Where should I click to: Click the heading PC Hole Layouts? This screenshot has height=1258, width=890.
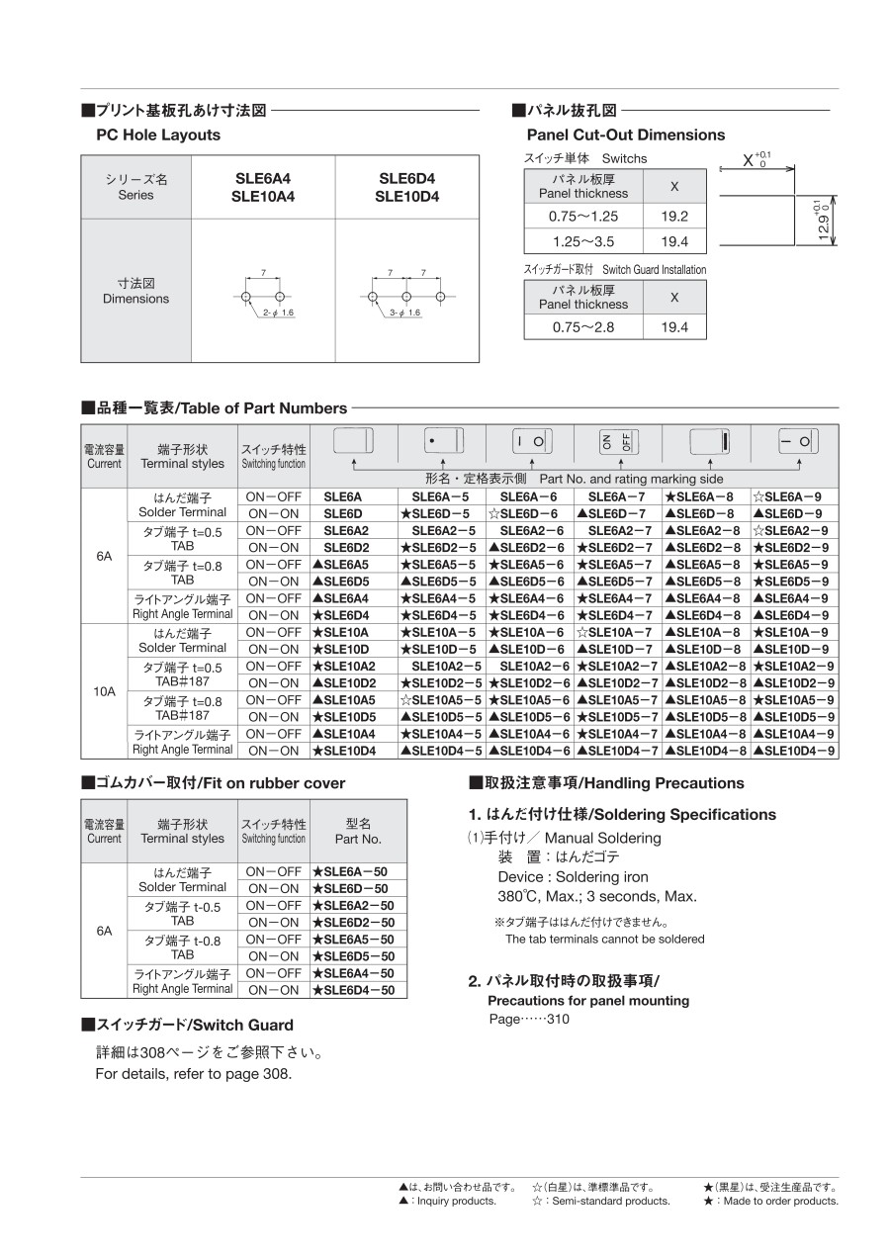158,135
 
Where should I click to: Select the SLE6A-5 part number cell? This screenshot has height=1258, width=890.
441,496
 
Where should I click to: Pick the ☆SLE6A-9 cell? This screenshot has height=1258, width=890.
793,496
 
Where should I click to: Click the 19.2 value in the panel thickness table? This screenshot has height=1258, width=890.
674,217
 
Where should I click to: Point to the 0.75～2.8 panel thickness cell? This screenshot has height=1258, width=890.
584,327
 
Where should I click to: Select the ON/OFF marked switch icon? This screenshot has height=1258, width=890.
619,441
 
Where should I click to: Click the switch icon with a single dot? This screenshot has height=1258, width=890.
441,441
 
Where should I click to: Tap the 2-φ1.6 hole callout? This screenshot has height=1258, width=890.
279,313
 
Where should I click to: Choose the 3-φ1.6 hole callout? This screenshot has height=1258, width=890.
404,313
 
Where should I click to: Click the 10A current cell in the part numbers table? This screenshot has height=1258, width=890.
104,691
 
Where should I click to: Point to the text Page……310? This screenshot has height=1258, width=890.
529,1020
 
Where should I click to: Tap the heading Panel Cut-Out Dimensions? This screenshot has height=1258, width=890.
625,135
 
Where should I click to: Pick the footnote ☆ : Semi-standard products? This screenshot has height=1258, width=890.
600,1201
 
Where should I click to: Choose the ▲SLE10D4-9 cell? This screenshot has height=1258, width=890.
794,751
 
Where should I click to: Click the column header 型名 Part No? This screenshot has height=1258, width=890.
358,831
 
